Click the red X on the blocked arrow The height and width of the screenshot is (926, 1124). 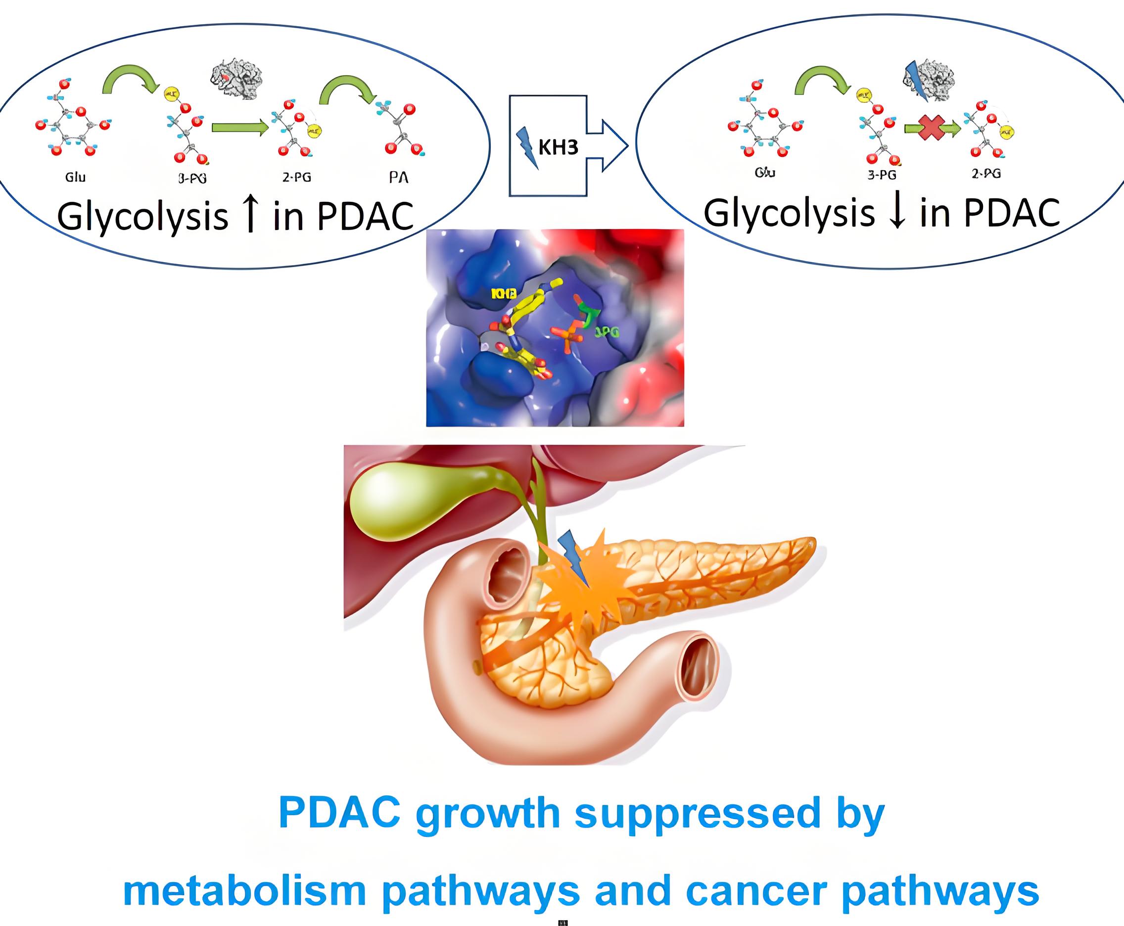pos(933,128)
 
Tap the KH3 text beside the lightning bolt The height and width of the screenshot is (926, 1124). pos(558,147)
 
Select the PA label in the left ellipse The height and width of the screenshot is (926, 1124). pos(398,178)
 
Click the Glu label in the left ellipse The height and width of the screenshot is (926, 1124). pos(75,177)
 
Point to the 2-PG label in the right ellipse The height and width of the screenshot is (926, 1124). pos(986,173)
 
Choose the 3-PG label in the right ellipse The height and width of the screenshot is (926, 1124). pos(881,175)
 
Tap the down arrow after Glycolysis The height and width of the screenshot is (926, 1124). pos(897,212)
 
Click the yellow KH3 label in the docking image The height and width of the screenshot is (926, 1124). pos(504,293)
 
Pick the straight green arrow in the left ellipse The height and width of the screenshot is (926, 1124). pos(239,128)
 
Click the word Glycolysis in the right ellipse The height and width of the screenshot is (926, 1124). pos(790,213)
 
